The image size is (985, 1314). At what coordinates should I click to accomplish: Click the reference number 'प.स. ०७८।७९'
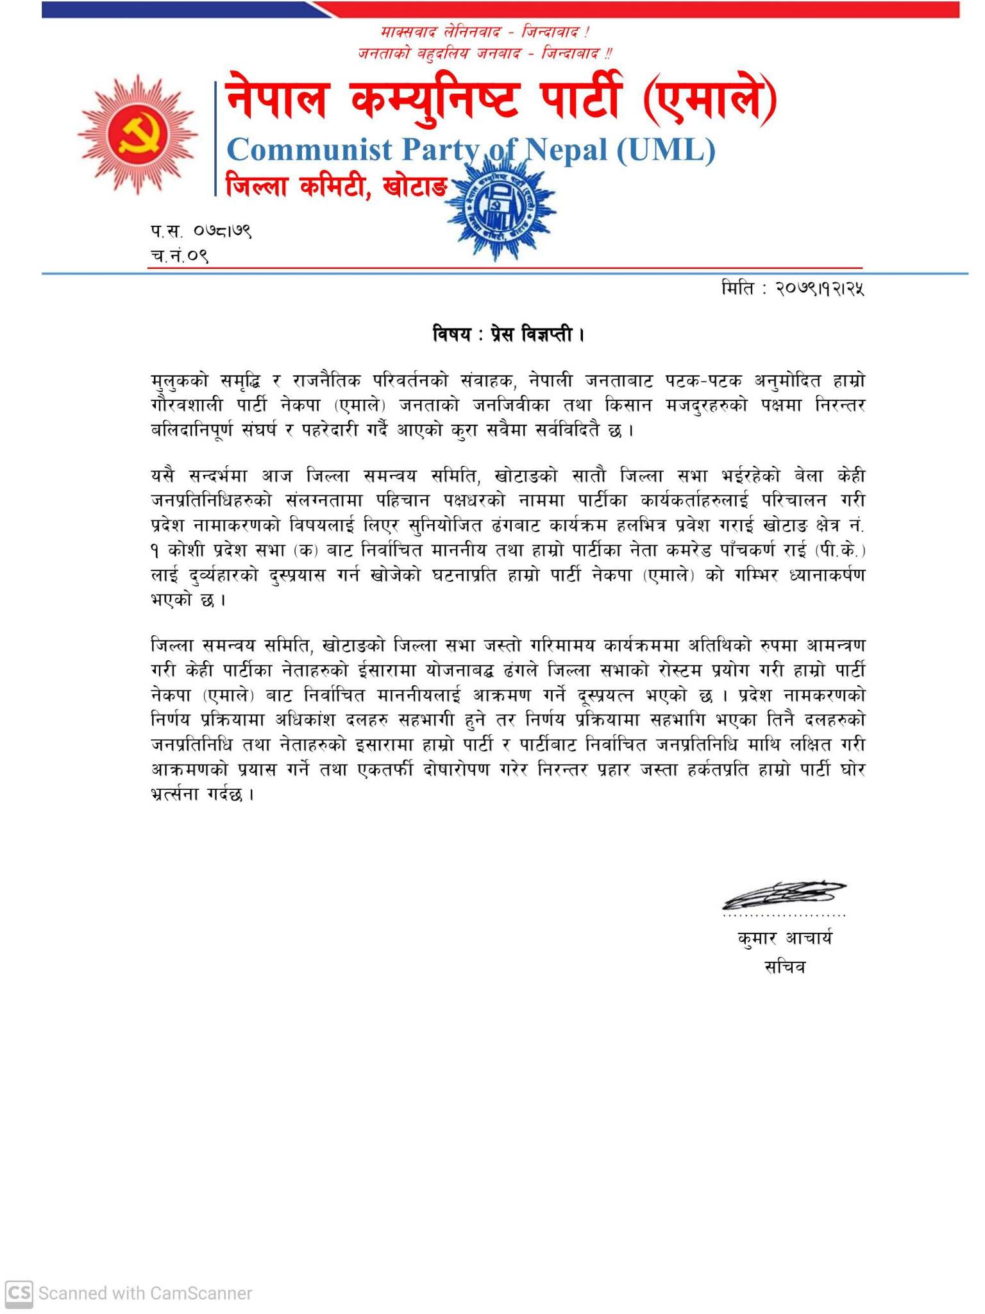point(201,230)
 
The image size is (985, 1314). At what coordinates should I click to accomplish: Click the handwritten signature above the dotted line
point(784,894)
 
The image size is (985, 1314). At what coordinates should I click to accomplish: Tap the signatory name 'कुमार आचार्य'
point(784,939)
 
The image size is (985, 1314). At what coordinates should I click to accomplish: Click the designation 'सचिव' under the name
point(784,967)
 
